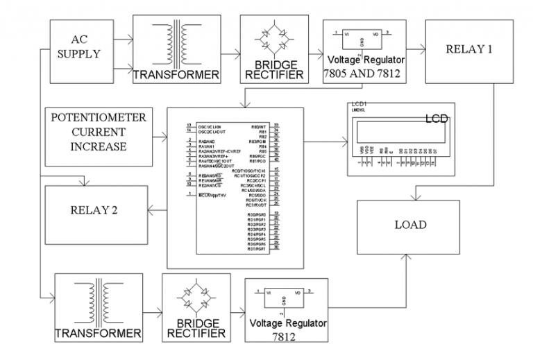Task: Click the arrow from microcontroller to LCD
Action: (x=325, y=142)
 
